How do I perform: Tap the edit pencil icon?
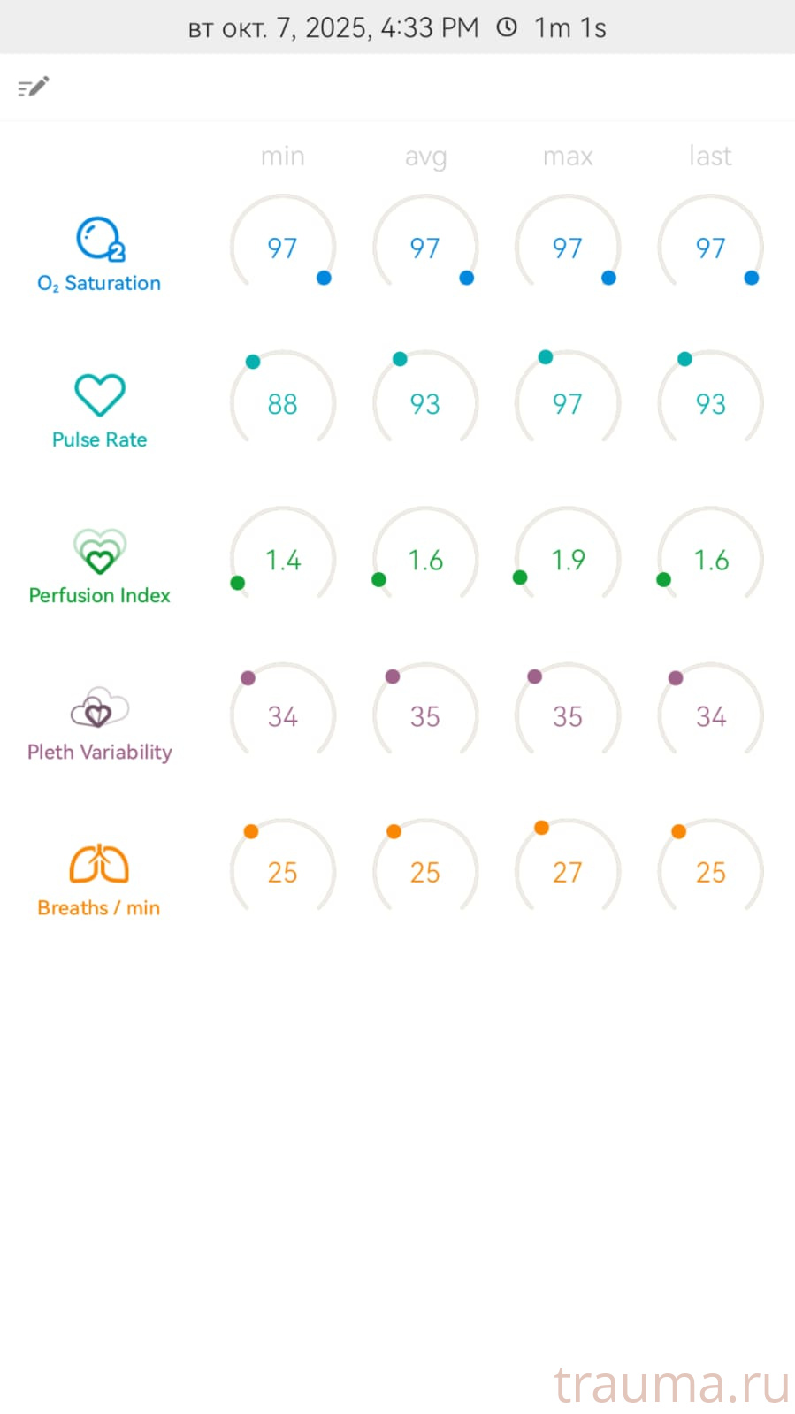point(34,87)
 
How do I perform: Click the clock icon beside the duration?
point(507,27)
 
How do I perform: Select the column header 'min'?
point(282,157)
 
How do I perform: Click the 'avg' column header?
point(425,157)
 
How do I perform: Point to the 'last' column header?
point(710,156)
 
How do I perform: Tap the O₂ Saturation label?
point(99,283)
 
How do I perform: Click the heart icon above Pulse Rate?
point(100,394)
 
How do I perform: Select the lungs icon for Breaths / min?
point(99,864)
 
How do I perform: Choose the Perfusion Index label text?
point(99,595)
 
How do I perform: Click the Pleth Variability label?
point(99,752)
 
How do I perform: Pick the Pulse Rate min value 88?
point(282,404)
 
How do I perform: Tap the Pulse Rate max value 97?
point(567,404)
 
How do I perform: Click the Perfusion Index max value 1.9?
point(568,560)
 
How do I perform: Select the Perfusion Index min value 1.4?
point(283,560)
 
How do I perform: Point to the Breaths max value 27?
point(567,873)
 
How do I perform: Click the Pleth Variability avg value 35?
point(424,716)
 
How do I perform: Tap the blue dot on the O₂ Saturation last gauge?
point(752,278)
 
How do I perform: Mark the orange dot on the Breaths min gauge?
point(251,831)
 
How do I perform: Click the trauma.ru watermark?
point(671,1384)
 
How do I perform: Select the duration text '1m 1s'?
point(570,28)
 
